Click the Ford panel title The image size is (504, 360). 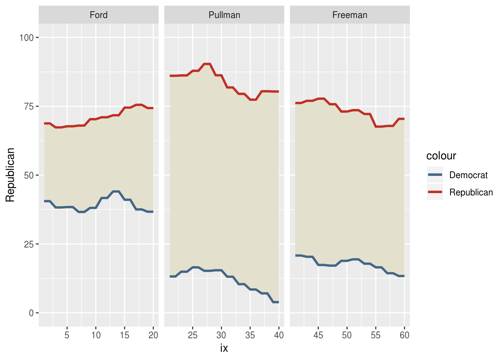[x=99, y=15]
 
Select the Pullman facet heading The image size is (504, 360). [x=224, y=15]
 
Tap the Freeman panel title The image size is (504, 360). [x=350, y=15]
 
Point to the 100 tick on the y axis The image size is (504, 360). [x=27, y=37]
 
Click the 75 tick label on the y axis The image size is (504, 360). [x=29, y=106]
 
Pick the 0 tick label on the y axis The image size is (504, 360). [x=31, y=313]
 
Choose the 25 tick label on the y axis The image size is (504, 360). [x=29, y=244]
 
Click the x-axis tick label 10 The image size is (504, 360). [x=96, y=335]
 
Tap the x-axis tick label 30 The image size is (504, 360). [x=221, y=335]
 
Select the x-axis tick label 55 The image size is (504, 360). [x=376, y=335]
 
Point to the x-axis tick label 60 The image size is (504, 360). [x=404, y=335]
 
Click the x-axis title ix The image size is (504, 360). [x=224, y=348]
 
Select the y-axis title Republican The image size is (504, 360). [x=10, y=175]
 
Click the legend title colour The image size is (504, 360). [x=441, y=156]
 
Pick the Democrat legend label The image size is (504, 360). [x=468, y=175]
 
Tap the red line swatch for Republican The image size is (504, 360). [x=435, y=192]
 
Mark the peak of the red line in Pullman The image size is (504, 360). [x=207, y=64]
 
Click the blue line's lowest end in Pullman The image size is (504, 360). [x=276, y=302]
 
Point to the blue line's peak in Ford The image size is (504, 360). [x=116, y=192]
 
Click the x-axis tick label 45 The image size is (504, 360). [x=318, y=335]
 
